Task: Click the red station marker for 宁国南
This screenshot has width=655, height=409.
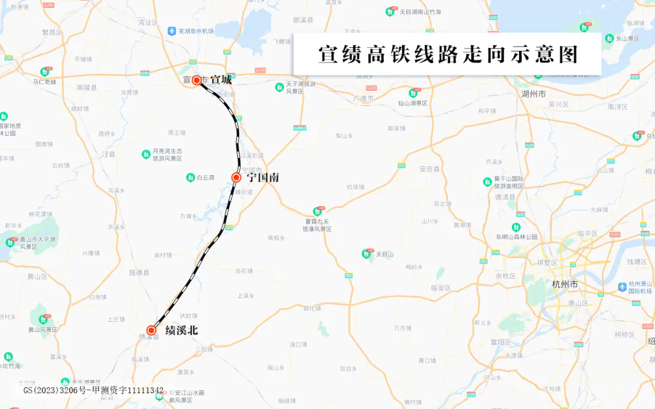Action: (237, 178)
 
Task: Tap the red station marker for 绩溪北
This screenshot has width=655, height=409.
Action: (151, 330)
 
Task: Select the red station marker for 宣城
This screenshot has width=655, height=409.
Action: (196, 79)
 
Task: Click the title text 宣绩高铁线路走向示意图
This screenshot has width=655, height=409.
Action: (448, 55)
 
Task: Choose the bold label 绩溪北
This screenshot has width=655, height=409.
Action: (181, 331)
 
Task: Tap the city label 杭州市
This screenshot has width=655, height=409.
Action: (565, 284)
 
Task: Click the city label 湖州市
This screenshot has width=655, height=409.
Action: (533, 95)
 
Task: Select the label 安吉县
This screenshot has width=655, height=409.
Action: (429, 169)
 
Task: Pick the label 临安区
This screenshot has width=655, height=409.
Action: (441, 288)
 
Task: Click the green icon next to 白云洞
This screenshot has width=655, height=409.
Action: (190, 178)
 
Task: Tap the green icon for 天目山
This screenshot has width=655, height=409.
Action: (368, 254)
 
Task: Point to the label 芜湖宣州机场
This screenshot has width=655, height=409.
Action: (195, 31)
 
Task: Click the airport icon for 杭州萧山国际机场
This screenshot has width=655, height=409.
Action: (622, 287)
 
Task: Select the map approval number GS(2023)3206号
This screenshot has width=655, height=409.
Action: (55, 390)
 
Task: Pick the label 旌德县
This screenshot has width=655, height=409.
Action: (139, 273)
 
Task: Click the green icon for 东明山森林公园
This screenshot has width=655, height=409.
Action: (516, 227)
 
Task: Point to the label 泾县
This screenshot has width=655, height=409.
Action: (109, 155)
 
